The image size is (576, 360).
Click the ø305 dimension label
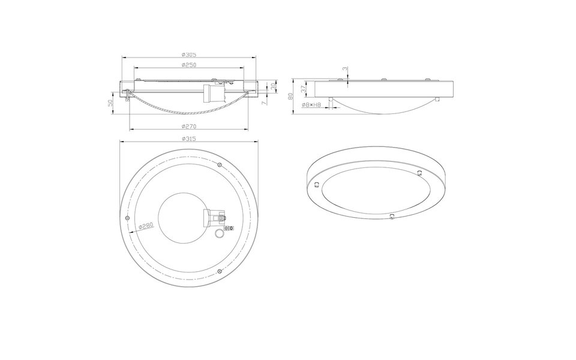(x=190, y=55)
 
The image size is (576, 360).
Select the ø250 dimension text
(x=190, y=65)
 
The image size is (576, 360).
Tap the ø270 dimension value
(x=190, y=127)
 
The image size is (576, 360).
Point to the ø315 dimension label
(x=190, y=139)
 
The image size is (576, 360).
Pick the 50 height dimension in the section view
(x=110, y=103)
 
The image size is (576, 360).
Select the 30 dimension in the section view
(x=274, y=87)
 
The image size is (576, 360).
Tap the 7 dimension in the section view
(x=265, y=103)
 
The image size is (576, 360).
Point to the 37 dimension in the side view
(x=304, y=88)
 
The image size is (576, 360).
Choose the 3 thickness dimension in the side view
(x=344, y=69)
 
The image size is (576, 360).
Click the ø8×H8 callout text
(x=312, y=105)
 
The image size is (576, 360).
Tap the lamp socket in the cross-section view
(x=215, y=93)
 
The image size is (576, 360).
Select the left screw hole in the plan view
(x=128, y=217)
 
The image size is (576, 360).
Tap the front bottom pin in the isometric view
(x=391, y=215)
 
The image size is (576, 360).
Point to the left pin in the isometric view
(x=315, y=183)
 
